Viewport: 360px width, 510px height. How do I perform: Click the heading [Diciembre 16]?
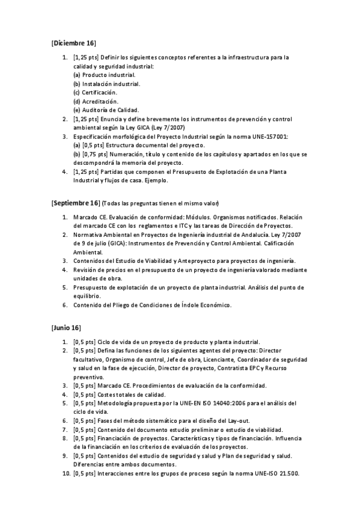[73, 44]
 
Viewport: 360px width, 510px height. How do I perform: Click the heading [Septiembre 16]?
[75, 203]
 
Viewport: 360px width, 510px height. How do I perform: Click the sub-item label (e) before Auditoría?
[76, 110]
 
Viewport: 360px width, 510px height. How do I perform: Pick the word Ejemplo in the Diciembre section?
[156, 180]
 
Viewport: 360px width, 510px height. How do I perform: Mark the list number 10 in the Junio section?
[66, 473]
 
